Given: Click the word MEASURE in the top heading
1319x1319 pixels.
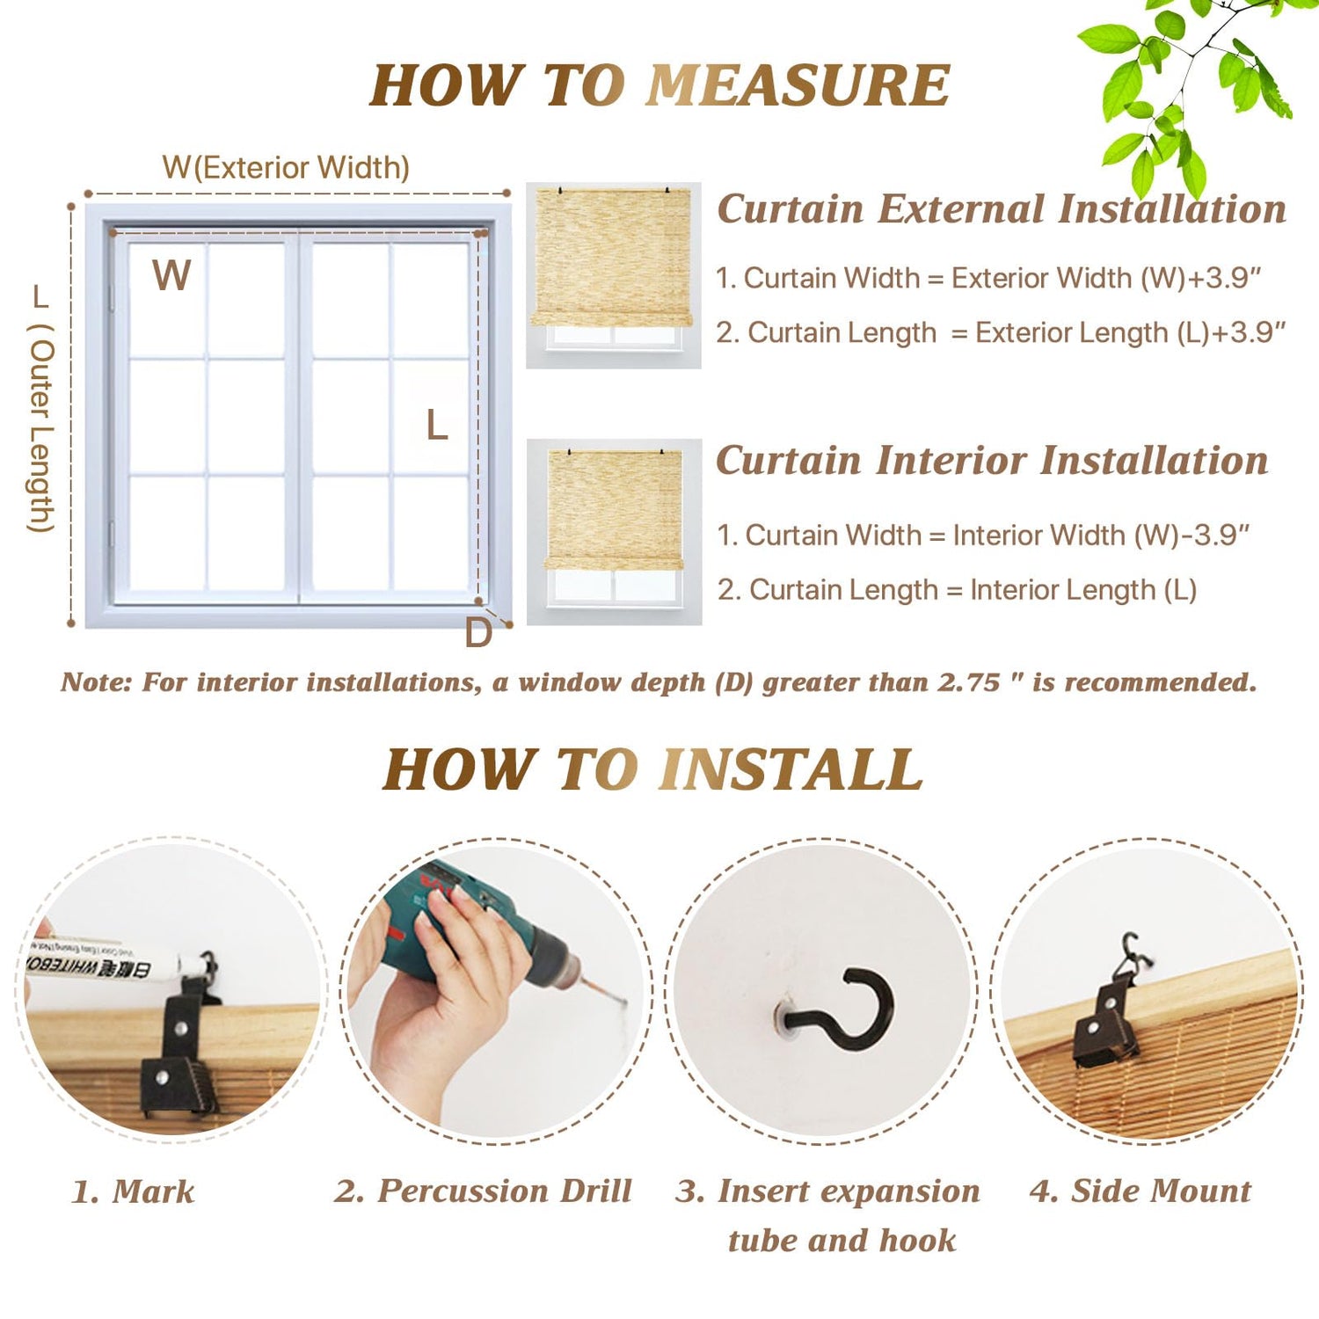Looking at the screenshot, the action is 798,86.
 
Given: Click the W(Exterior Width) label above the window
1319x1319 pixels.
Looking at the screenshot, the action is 286,167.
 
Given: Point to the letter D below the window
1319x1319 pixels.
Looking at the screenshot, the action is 478,633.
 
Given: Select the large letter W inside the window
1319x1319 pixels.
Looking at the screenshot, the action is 171,275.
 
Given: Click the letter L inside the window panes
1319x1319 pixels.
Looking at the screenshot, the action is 437,426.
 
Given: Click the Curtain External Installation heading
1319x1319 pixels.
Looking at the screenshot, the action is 1002,209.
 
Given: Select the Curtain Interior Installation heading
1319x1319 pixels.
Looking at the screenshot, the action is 992,461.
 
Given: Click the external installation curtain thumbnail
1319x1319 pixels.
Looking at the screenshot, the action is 613,275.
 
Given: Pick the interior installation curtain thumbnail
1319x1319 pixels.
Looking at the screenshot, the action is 614,531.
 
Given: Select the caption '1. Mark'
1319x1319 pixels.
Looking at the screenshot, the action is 133,1192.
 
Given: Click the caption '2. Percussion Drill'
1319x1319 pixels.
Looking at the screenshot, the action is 483,1191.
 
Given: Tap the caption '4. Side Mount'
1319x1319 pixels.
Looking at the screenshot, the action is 1140,1191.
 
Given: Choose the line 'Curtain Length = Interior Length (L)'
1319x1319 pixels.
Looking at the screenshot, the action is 957,590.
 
